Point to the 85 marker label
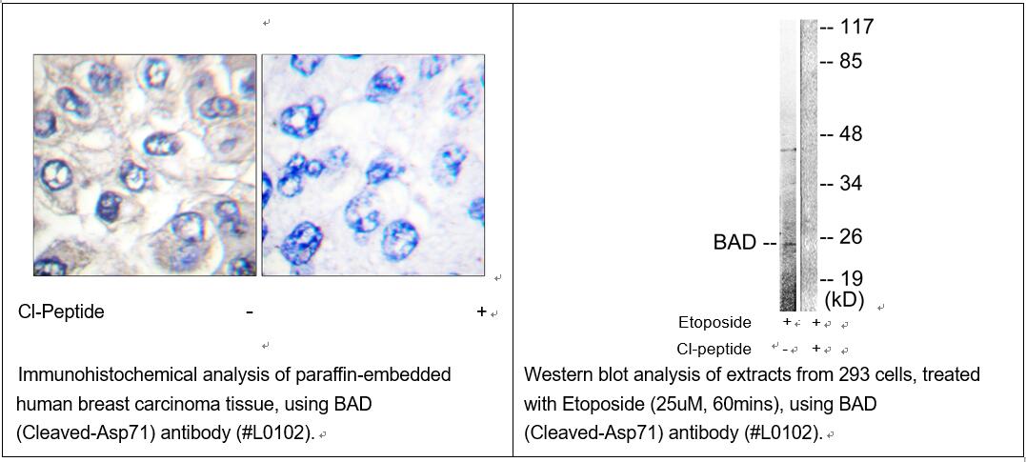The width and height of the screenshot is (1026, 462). [x=852, y=62]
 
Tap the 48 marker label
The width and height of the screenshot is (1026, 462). [x=852, y=134]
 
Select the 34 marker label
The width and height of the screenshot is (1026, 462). [x=852, y=184]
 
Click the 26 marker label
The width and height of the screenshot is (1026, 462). [x=852, y=236]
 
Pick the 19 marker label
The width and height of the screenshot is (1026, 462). [x=852, y=278]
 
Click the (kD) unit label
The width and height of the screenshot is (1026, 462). [x=844, y=300]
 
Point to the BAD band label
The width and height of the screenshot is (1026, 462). [x=734, y=244]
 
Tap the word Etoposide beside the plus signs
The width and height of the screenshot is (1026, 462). [x=714, y=323]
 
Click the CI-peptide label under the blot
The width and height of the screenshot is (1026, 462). [x=714, y=349]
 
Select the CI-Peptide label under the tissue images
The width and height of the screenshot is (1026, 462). [x=62, y=312]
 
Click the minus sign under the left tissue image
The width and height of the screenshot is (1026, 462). [x=250, y=312]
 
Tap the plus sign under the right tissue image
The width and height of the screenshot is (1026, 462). [x=482, y=311]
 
